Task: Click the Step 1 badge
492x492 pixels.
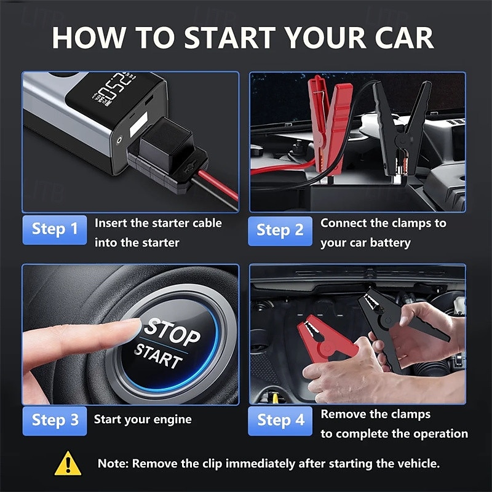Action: [x=55, y=229]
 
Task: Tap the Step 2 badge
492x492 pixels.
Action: [x=280, y=230]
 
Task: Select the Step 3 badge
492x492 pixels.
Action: [x=55, y=420]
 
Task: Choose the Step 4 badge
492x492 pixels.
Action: [x=280, y=421]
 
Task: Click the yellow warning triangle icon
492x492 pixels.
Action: [x=68, y=464]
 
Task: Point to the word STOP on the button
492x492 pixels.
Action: [x=173, y=331]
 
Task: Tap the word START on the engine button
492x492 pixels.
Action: [x=159, y=356]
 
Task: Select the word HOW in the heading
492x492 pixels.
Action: [x=87, y=38]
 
